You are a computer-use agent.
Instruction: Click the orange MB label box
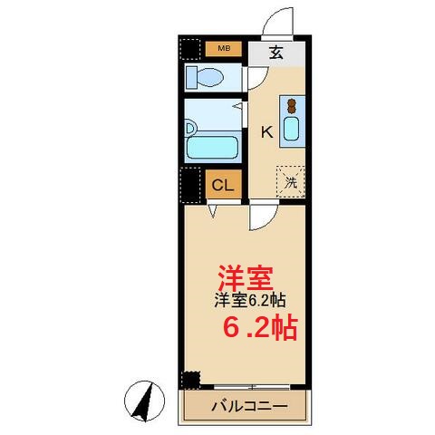pyautogui.click(x=223, y=49)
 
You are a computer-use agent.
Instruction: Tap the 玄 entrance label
pyautogui.click(x=275, y=53)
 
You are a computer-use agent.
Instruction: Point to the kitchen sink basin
pyautogui.click(x=291, y=129)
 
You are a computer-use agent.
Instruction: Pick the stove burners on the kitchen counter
pyautogui.click(x=291, y=105)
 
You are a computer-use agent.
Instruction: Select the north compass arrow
pyautogui.click(x=142, y=399)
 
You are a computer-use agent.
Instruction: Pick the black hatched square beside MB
pyautogui.click(x=190, y=49)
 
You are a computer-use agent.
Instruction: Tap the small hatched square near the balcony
pyautogui.click(x=190, y=379)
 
